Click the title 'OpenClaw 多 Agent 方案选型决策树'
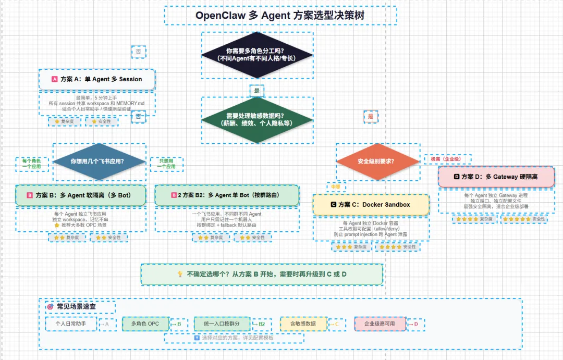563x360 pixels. [x=280, y=16]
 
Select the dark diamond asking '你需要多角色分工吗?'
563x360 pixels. [x=257, y=55]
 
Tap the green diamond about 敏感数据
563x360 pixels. [x=257, y=119]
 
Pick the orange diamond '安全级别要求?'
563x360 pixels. [x=376, y=162]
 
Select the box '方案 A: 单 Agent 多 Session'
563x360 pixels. [x=97, y=79]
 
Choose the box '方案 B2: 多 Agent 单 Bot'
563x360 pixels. [x=227, y=195]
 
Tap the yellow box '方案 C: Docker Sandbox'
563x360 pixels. [x=371, y=205]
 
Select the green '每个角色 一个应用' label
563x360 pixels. [x=32, y=164]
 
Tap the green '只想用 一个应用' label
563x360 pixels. [x=166, y=164]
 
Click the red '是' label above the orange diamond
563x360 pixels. [x=371, y=117]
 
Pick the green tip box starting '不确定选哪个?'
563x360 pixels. [x=262, y=274]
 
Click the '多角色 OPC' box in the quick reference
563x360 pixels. [x=145, y=324]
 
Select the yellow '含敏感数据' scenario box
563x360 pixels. [x=303, y=324]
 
